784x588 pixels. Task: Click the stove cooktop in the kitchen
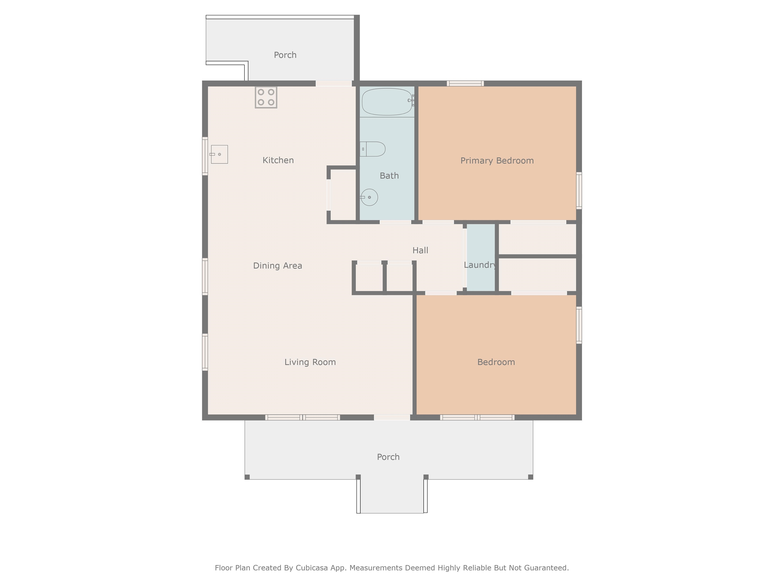[266, 97]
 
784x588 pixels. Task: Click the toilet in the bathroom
[374, 149]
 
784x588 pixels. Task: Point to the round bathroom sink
[369, 197]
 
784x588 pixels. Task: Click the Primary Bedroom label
[497, 161]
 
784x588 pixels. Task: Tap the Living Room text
[310, 362]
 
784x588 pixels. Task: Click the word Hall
[420, 250]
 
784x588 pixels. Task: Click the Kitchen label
[278, 160]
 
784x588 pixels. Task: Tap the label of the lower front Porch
[388, 457]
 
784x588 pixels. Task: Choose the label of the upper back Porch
[285, 55]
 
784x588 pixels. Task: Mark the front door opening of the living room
[392, 418]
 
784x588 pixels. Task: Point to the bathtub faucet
[411, 101]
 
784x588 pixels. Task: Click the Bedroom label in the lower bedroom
[496, 362]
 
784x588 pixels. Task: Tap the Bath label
[389, 176]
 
